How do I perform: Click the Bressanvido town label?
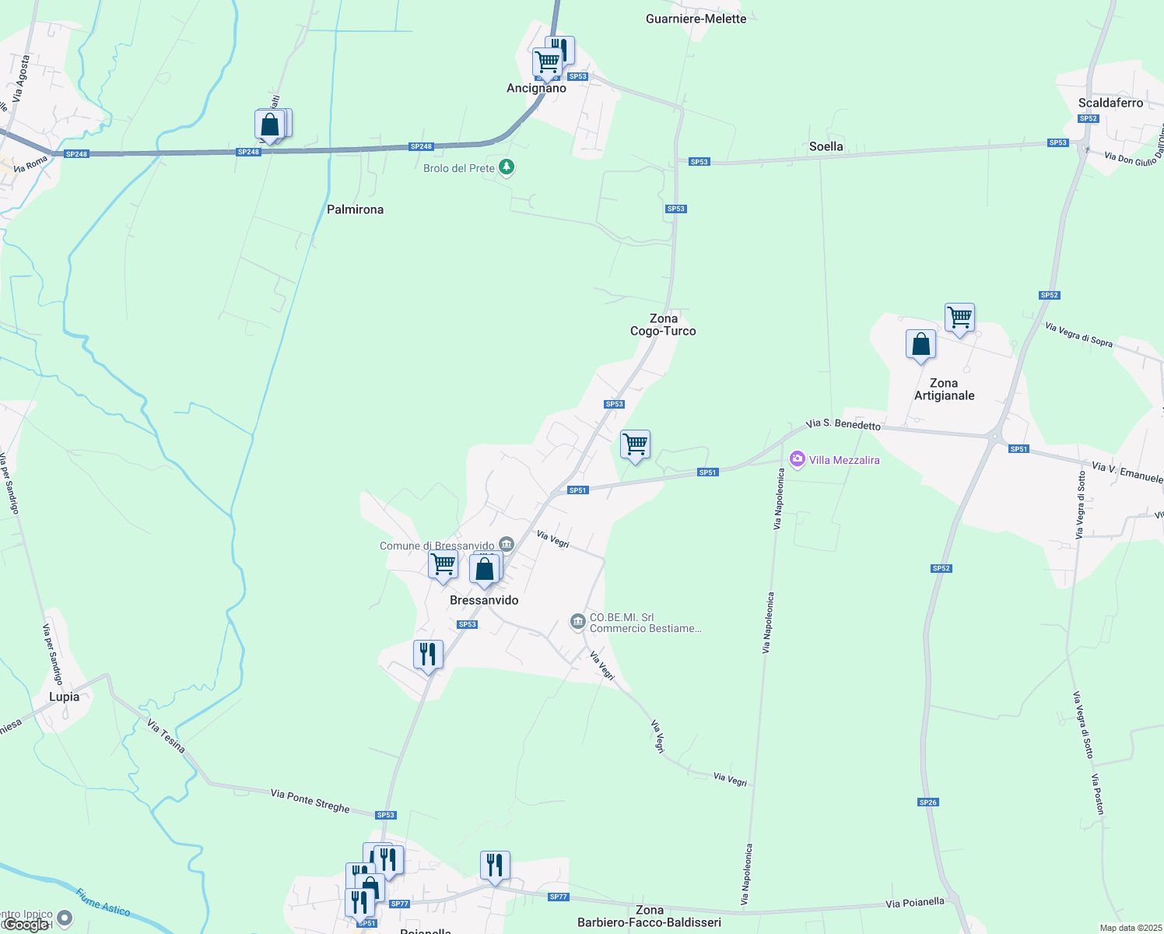coord(484,600)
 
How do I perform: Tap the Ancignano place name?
coord(536,89)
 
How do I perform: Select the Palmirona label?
coord(355,209)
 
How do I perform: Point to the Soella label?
coord(826,146)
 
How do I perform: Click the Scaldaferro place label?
coord(1110,103)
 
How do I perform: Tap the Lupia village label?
coord(64,697)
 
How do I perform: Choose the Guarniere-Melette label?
coord(696,19)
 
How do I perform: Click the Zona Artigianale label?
coord(944,389)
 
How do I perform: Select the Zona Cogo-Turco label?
coord(663,325)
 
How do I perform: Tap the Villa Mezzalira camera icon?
coord(797,459)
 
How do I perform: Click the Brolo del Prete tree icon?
coord(507,167)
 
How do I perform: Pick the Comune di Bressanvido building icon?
coord(507,544)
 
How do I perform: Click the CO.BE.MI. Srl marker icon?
coord(577,621)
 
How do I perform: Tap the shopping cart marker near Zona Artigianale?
coord(960,318)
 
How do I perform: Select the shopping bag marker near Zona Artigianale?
coord(920,344)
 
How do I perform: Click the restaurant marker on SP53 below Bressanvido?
coord(428,655)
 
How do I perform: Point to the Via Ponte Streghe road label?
coord(310,800)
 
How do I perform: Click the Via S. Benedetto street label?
coord(843,424)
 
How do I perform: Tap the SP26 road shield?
coord(927,802)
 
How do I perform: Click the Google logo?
coord(26,924)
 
